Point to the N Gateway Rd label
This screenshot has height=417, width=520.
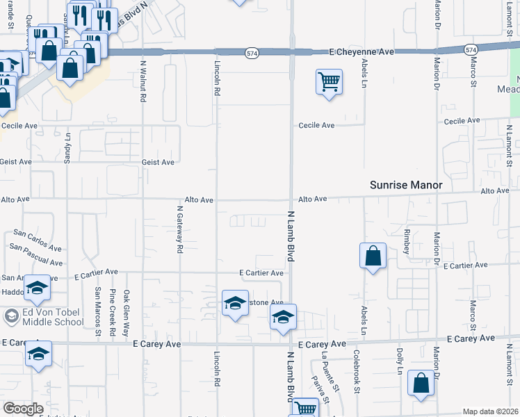click(179, 229)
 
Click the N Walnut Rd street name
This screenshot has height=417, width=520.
click(143, 79)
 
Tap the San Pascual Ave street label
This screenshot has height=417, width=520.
click(36, 255)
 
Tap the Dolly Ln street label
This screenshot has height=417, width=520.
click(400, 361)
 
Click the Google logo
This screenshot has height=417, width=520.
click(24, 409)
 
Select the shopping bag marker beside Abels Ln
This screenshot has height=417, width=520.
click(373, 256)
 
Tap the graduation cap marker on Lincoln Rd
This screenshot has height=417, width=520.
click(236, 303)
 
